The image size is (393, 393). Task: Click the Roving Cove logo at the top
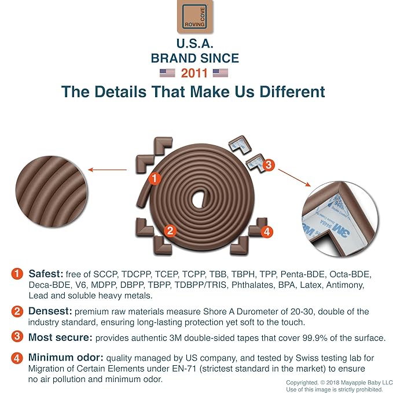coord(195,16)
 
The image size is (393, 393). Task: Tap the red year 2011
coord(194,73)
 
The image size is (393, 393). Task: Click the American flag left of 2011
coord(167,73)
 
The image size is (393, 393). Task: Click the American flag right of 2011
coord(221,73)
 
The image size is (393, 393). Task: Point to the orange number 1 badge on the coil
coord(155,178)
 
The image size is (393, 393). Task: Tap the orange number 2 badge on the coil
coord(170,230)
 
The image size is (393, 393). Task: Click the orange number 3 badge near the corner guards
coord(269,165)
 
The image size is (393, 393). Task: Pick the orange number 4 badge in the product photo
coord(267,232)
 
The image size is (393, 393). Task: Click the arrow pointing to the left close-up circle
coord(108,170)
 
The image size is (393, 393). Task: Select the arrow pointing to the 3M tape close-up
coord(294,178)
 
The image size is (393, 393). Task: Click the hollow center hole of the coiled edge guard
coord(200,199)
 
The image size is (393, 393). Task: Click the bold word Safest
coord(46,274)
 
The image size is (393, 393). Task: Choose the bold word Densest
coord(50,311)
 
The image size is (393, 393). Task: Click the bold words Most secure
coord(60,337)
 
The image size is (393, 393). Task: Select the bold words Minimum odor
coord(65,358)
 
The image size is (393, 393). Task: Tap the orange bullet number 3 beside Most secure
coord(17,336)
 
